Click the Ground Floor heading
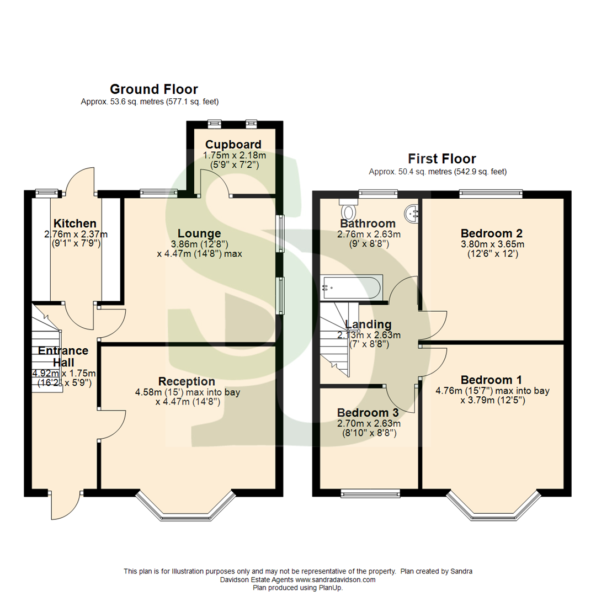click(x=153, y=89)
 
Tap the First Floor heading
click(x=443, y=159)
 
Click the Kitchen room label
click(x=75, y=223)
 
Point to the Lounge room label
click(x=199, y=233)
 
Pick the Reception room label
click(x=186, y=381)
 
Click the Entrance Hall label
click(x=63, y=356)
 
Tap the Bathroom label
click(x=368, y=223)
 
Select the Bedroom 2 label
click(x=492, y=233)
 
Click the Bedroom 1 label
click(x=491, y=380)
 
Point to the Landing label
click(x=368, y=324)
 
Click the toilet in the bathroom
click(x=348, y=211)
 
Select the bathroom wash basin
click(x=412, y=212)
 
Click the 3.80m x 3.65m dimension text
click(x=492, y=244)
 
